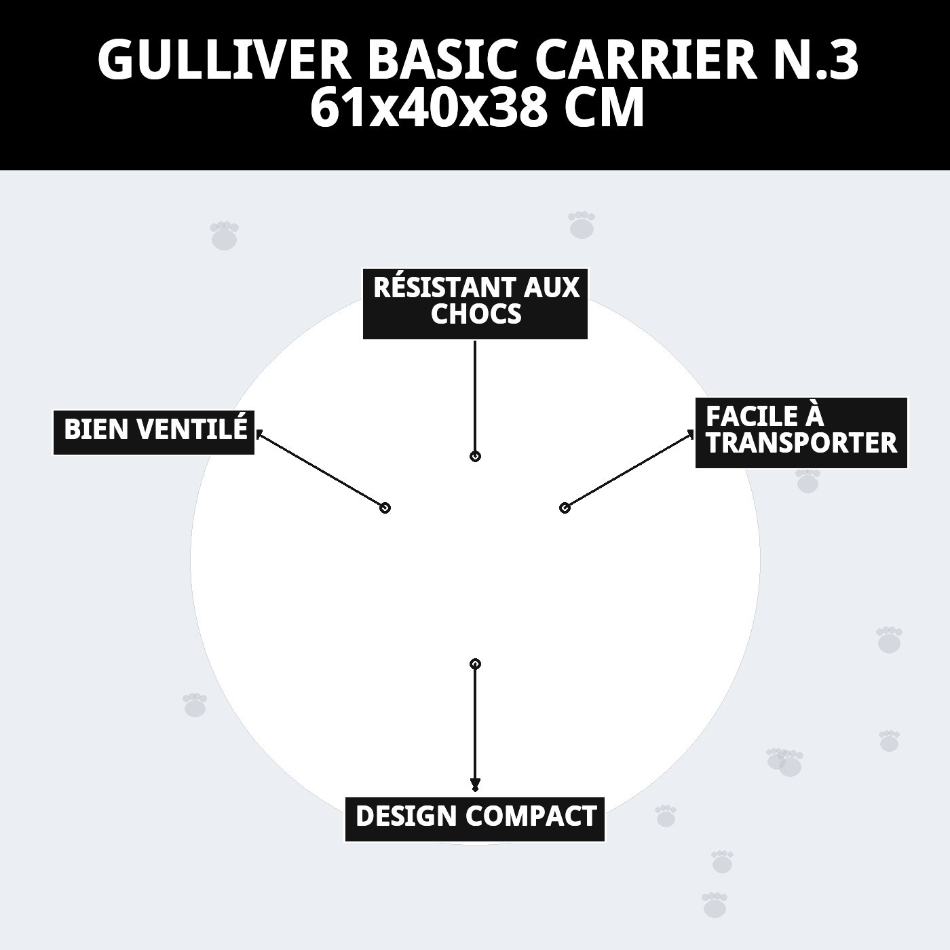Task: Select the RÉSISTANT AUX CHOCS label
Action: [x=475, y=303]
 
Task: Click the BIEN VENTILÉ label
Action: [x=154, y=431]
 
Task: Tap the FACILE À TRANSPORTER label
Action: [x=801, y=432]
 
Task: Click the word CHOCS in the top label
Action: [x=476, y=315]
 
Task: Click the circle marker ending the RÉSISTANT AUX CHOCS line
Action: [x=475, y=457]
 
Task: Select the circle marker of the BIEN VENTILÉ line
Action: [x=385, y=508]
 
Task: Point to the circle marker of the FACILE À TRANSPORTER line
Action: [x=564, y=508]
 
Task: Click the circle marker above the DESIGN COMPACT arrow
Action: [x=475, y=664]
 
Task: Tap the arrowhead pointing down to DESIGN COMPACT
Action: [x=475, y=786]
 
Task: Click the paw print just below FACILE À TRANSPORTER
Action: [x=807, y=482]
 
